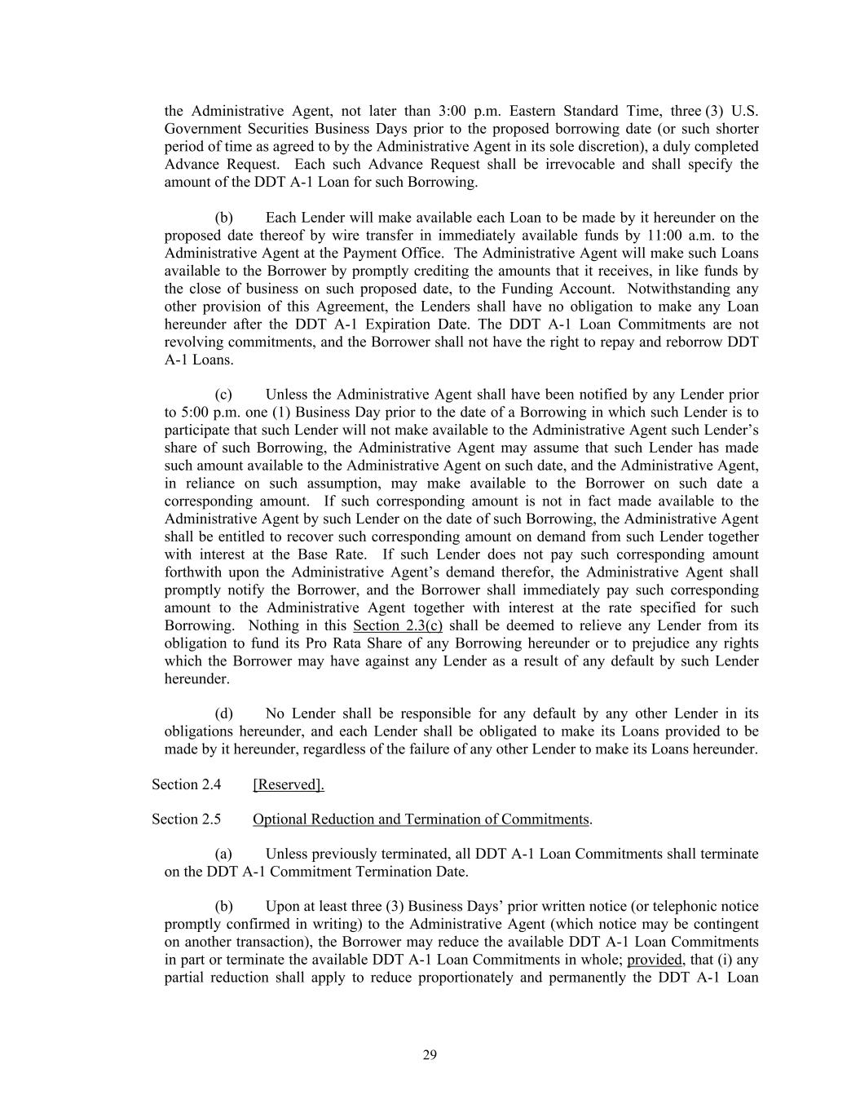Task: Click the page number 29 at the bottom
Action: [x=430, y=1055]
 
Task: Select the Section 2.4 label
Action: [x=186, y=784]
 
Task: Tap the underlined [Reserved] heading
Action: [x=289, y=784]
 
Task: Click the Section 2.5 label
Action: [x=186, y=819]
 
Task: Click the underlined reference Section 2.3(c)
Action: [x=397, y=625]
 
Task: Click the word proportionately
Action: [x=465, y=978]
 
